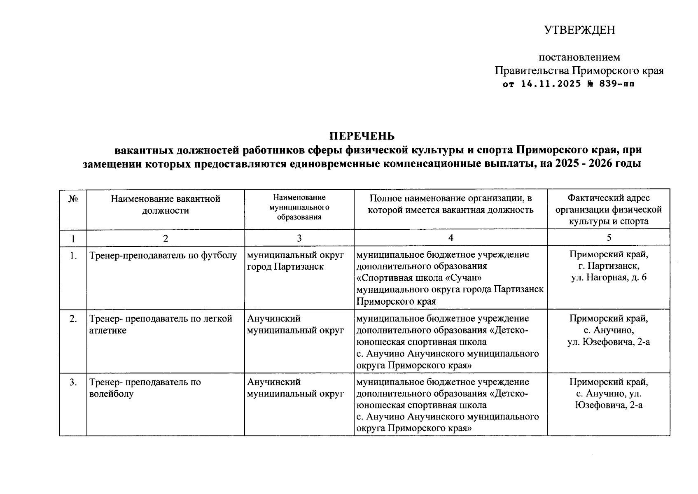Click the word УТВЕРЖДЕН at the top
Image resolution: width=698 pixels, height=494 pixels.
(x=579, y=30)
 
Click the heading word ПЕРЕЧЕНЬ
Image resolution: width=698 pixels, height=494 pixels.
(x=362, y=136)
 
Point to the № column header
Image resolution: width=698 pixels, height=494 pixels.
(x=73, y=199)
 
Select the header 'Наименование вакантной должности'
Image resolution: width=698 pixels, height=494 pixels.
(x=165, y=205)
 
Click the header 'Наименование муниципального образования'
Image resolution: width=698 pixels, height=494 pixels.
(x=299, y=207)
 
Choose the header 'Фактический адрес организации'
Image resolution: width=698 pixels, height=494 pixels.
(x=608, y=210)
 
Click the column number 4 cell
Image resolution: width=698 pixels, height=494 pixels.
(x=451, y=238)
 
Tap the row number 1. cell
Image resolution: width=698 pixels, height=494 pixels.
(x=73, y=256)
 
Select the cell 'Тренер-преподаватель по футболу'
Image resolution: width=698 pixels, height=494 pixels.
(x=163, y=256)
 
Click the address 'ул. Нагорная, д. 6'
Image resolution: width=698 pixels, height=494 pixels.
(x=608, y=277)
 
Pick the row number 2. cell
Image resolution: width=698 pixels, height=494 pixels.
(x=73, y=319)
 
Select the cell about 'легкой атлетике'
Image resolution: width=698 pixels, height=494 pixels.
(x=161, y=324)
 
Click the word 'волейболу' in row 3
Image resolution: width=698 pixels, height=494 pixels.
(x=111, y=394)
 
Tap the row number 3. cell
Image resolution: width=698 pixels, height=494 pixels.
(x=73, y=382)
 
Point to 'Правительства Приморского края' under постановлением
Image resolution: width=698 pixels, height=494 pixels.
(x=579, y=71)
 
